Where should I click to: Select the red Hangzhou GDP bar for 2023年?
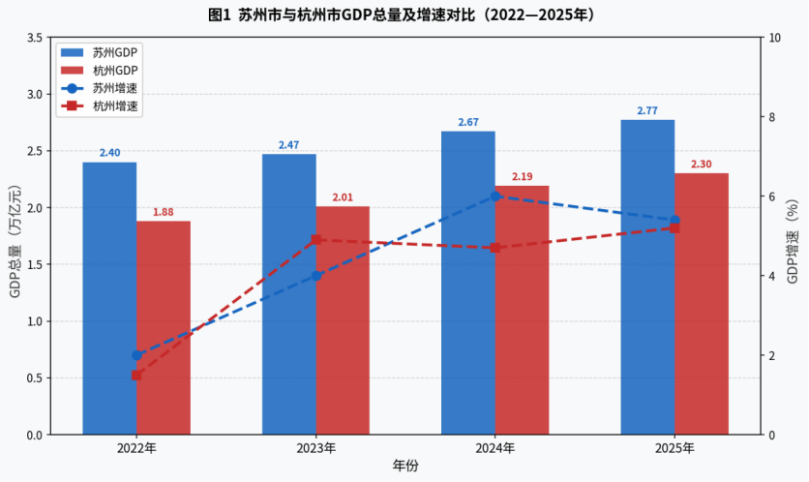[x=343, y=320]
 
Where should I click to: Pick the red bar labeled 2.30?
[x=702, y=304]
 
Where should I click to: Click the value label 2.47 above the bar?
[x=288, y=145]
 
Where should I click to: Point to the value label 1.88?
[x=164, y=212]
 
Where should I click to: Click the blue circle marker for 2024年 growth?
[x=495, y=196]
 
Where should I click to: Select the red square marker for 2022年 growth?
[x=136, y=375]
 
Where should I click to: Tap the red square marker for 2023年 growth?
[x=315, y=240]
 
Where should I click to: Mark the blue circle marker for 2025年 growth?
[x=674, y=220]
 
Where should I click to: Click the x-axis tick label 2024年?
[x=495, y=449]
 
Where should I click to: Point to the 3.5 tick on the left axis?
[x=34, y=38]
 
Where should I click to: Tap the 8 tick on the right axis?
[x=771, y=117]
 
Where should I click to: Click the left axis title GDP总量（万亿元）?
[x=15, y=236]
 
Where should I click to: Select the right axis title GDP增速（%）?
[x=792, y=236]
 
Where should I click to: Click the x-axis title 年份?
[x=405, y=467]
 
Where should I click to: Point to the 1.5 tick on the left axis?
[x=34, y=264]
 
